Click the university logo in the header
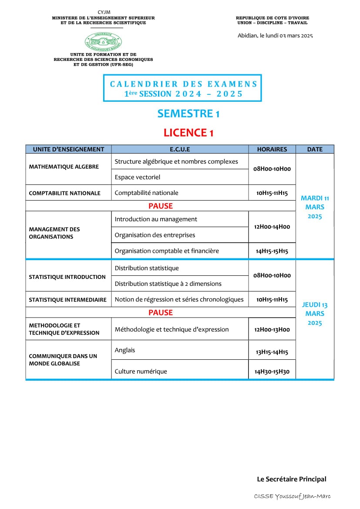(x=103, y=41)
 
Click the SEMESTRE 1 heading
(x=188, y=114)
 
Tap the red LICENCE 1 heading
(x=188, y=133)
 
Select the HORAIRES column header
(x=272, y=149)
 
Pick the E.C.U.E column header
(x=180, y=149)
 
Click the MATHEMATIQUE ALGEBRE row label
(x=64, y=167)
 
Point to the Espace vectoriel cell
(x=138, y=177)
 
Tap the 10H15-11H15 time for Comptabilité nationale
(x=272, y=193)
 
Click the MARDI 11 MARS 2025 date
(x=315, y=207)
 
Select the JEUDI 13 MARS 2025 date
(x=315, y=314)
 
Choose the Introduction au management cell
(x=156, y=219)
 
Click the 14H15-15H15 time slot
(x=272, y=251)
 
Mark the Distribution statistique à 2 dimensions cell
(x=168, y=284)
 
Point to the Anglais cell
(x=125, y=350)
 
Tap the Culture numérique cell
(x=141, y=371)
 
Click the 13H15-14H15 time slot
(x=272, y=352)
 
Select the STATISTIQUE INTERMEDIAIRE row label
(x=67, y=300)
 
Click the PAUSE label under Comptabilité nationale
(x=161, y=206)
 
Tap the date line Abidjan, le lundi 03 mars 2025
(x=275, y=36)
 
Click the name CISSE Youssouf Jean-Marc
(x=293, y=496)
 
